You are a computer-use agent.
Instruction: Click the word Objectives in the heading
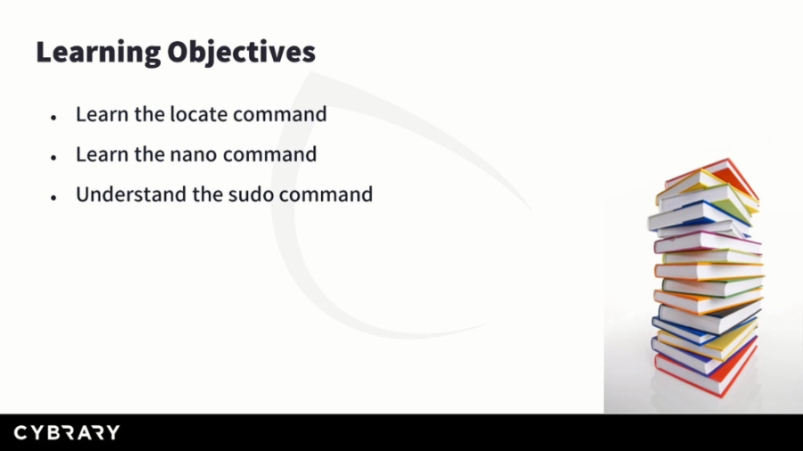coord(242,53)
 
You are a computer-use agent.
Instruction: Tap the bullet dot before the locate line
coord(54,117)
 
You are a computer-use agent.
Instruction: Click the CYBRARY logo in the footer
coord(66,433)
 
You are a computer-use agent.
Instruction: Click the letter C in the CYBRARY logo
coord(21,433)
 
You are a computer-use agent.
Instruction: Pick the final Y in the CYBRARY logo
coord(112,433)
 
